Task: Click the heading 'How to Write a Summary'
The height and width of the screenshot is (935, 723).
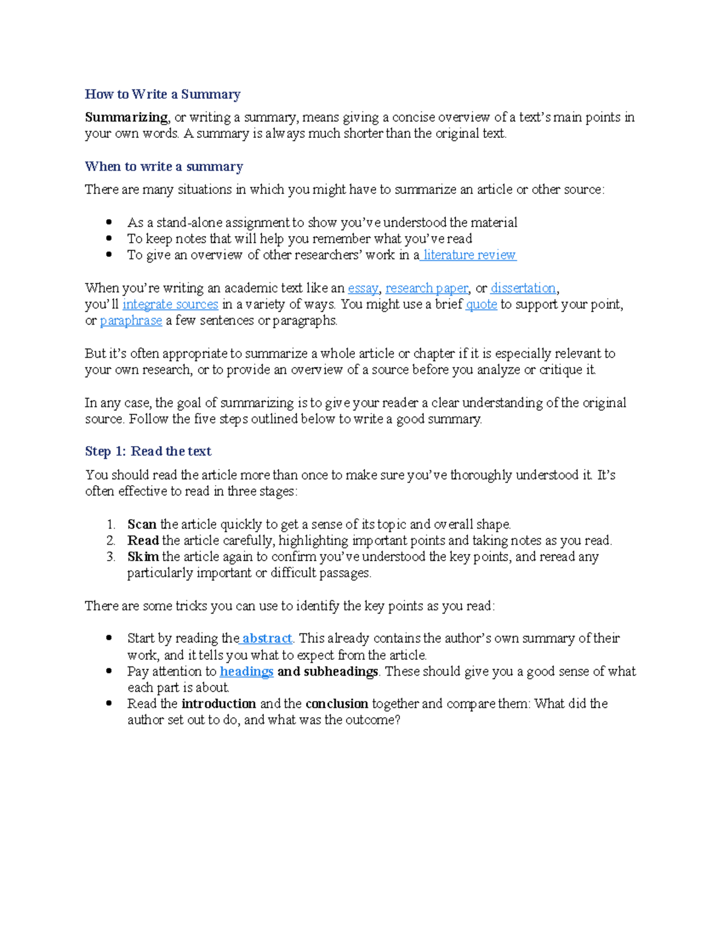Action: click(x=163, y=94)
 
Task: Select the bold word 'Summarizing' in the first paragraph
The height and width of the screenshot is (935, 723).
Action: click(x=127, y=117)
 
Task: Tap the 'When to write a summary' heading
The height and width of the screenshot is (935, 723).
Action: click(x=164, y=166)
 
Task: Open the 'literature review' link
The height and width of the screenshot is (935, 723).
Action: click(x=469, y=255)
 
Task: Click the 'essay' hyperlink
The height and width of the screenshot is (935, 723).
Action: click(x=363, y=288)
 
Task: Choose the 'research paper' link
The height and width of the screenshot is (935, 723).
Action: click(x=427, y=288)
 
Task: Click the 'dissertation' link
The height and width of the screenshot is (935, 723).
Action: click(x=523, y=288)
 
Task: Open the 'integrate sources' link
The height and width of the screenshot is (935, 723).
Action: click(x=171, y=305)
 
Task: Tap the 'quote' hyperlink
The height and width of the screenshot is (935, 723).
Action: click(x=481, y=305)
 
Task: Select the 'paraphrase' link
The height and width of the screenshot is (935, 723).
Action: click(x=131, y=321)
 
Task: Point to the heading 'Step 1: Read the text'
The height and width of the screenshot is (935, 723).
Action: click(x=148, y=452)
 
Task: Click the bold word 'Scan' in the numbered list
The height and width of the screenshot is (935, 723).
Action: click(x=142, y=524)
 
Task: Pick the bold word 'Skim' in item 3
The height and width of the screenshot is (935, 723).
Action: click(x=143, y=557)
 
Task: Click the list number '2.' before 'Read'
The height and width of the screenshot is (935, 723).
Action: click(x=111, y=541)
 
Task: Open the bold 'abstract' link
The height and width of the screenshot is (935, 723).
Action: click(x=267, y=638)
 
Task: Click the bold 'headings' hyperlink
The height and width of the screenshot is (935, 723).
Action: click(x=246, y=671)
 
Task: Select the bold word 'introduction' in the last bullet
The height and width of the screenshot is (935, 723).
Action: click(x=219, y=704)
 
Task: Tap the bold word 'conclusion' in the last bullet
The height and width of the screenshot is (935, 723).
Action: click(x=337, y=704)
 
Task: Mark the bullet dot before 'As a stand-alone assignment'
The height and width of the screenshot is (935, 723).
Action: click(x=109, y=222)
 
